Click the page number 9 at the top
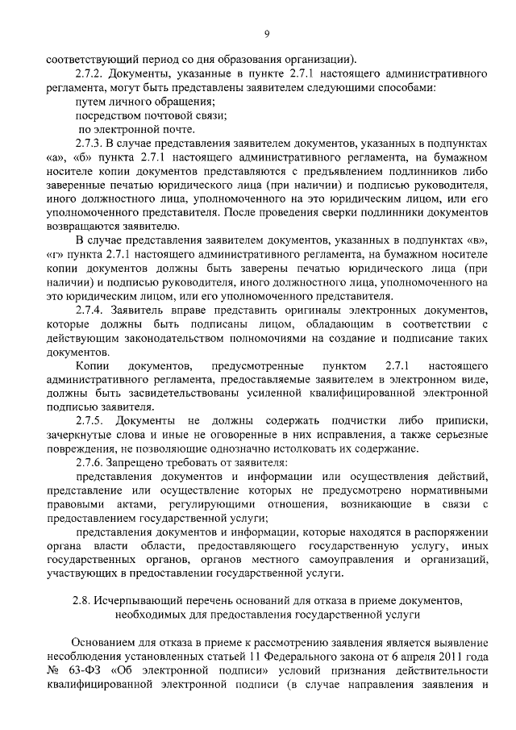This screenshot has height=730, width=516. click(266, 33)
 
